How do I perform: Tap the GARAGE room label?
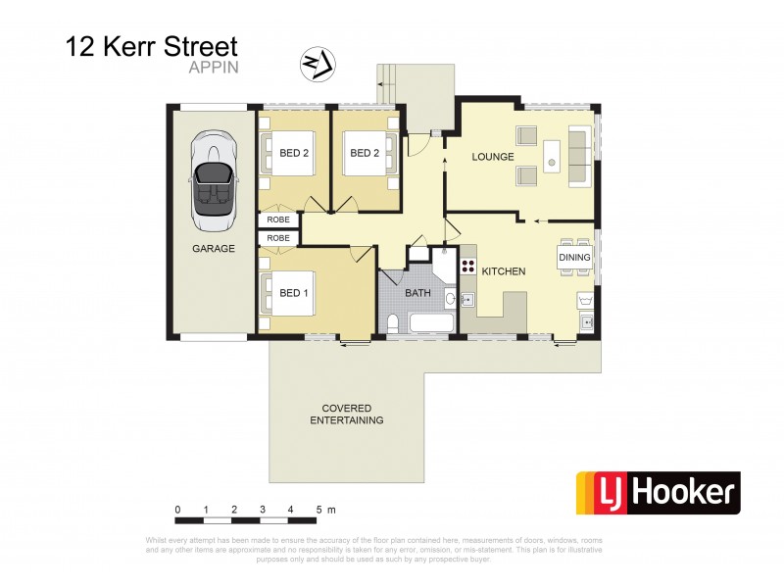click(x=213, y=249)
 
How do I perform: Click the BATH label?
click(x=416, y=292)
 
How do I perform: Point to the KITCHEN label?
click(x=504, y=270)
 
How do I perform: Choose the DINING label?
click(x=575, y=258)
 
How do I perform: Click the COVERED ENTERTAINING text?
click(x=346, y=414)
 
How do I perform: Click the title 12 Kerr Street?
click(x=151, y=45)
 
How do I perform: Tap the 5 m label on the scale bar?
click(x=325, y=510)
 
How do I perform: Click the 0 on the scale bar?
click(x=177, y=510)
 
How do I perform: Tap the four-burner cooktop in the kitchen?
click(x=468, y=266)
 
